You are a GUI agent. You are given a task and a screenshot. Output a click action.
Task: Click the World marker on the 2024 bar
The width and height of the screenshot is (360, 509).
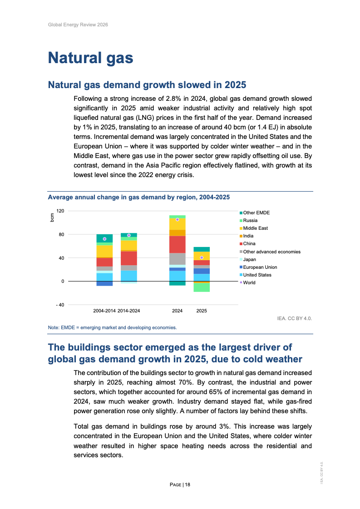[178, 219]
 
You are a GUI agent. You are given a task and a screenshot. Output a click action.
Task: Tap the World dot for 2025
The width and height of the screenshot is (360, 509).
[202, 257]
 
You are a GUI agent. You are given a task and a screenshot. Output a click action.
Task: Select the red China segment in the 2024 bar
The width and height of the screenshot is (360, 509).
[178, 244]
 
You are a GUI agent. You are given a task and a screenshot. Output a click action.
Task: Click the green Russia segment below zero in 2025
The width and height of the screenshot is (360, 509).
[202, 287]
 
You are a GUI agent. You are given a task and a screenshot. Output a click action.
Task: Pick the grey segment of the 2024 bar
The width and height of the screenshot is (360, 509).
[178, 259]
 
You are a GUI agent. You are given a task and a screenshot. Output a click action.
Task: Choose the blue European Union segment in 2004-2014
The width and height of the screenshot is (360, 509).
[104, 283]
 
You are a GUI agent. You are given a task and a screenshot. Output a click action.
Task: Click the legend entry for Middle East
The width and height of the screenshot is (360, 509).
[255, 228]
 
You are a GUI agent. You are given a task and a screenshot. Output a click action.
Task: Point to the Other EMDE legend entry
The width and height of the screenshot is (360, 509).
[256, 212]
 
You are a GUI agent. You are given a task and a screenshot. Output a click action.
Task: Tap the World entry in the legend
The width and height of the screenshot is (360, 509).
[249, 282]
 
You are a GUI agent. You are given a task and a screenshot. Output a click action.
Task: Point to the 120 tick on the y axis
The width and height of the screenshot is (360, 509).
[60, 211]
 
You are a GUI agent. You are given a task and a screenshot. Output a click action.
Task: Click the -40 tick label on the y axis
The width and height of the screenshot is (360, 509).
[59, 305]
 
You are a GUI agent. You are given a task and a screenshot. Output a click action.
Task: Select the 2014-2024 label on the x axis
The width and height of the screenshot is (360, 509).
[128, 311]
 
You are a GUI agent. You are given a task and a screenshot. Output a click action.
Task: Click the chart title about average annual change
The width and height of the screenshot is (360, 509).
[139, 197]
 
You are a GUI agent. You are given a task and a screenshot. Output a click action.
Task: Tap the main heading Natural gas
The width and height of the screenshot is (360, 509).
[91, 58]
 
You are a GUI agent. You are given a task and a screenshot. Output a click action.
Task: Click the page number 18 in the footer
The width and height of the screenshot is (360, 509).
[187, 485]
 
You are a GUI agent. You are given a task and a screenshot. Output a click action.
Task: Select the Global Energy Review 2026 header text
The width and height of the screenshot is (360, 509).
[78, 25]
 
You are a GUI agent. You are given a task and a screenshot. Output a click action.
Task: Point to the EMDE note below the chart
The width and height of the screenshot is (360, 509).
[112, 327]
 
